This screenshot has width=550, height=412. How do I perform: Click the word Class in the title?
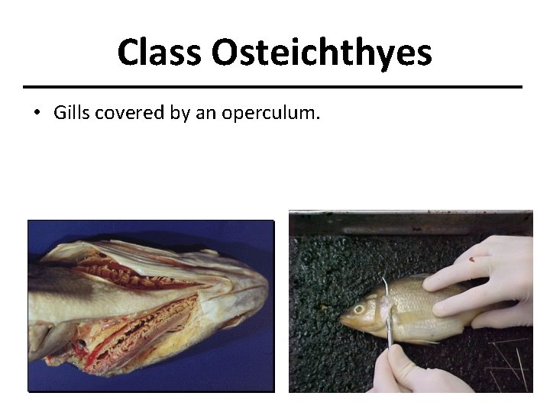click(160, 53)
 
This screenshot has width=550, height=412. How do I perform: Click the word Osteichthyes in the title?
click(321, 53)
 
